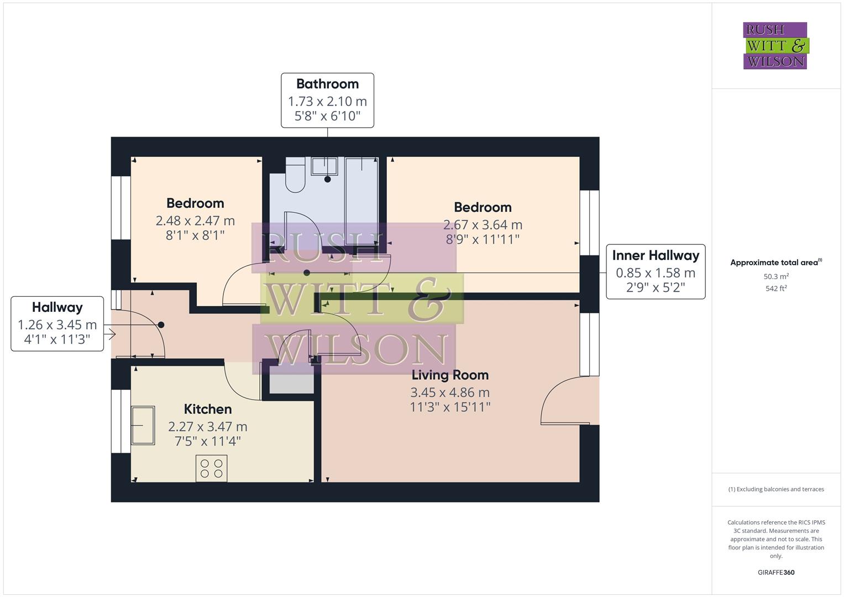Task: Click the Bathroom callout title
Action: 327,84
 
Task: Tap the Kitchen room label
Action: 208,409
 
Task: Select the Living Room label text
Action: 450,375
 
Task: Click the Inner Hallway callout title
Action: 656,255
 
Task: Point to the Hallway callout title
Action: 57,307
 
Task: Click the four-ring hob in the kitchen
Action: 212,468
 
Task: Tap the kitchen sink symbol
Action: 143,425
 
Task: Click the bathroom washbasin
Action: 324,166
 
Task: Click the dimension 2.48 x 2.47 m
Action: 195,221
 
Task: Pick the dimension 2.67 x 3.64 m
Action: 483,225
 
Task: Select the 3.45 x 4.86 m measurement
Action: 450,392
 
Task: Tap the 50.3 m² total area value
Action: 776,276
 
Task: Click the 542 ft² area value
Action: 776,289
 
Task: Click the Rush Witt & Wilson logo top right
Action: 775,46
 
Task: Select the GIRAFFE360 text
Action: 776,572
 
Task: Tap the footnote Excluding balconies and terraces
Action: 776,489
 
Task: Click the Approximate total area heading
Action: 775,263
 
